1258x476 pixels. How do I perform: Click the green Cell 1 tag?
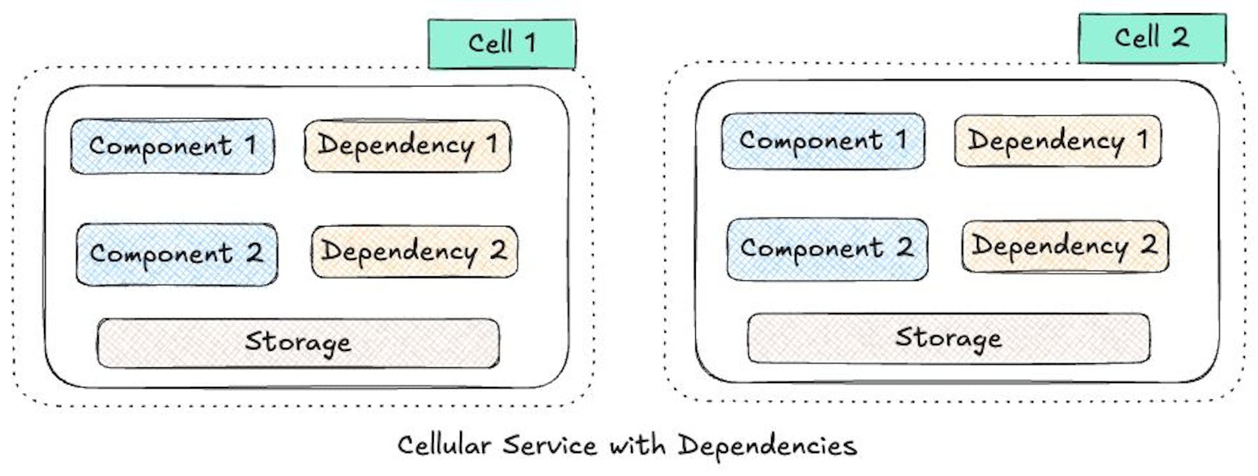502,44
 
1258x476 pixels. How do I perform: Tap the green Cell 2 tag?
1152,38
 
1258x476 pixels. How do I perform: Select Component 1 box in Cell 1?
172,146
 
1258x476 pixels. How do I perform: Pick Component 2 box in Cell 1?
176,254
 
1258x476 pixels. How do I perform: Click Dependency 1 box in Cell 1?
407,145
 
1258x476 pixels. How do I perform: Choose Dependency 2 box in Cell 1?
414,251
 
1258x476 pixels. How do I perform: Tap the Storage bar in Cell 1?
298,342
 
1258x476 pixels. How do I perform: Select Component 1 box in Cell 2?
823,141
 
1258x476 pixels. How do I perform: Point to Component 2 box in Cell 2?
827,249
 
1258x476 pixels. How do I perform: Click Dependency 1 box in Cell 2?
1058,140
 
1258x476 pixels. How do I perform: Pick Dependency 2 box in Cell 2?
1065,246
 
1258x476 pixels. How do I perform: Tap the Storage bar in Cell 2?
948,338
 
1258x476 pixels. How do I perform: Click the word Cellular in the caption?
444,446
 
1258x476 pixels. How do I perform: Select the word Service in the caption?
550,446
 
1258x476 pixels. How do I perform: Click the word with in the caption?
638,446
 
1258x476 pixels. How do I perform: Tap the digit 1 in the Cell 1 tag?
530,44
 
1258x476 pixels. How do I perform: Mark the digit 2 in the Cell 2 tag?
1180,37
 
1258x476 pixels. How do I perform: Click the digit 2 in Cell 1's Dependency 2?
498,250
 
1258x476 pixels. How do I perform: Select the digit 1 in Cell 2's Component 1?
902,139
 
